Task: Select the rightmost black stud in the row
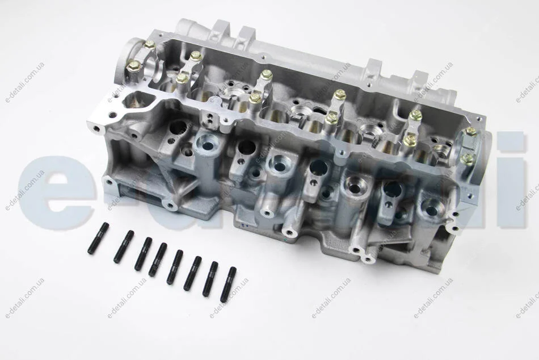pyautogui.click(x=228, y=284)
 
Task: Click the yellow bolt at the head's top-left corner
pyautogui.click(x=150, y=45)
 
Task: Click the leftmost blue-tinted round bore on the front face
pyautogui.click(x=207, y=145)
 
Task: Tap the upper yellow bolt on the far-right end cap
pyautogui.click(x=470, y=132)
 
